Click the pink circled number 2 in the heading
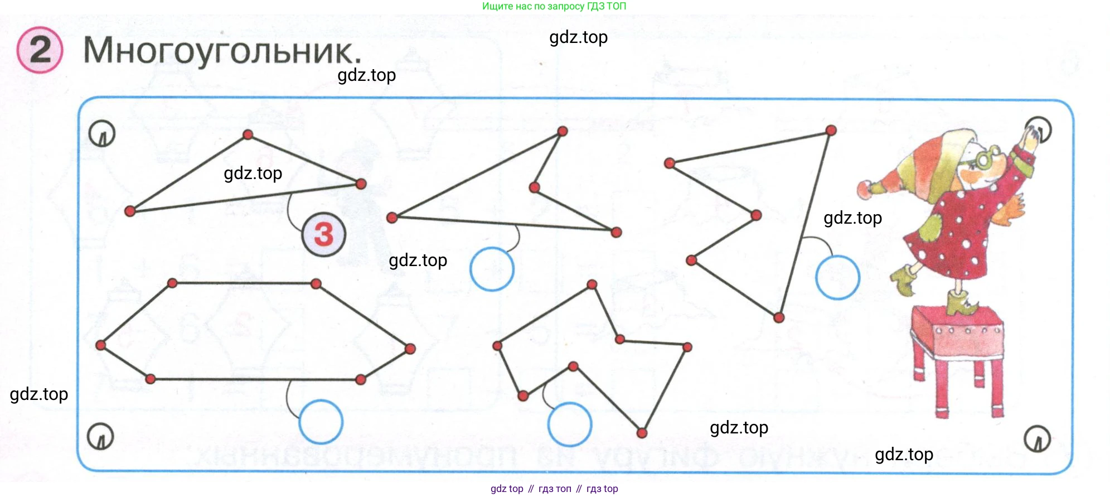pyautogui.click(x=40, y=50)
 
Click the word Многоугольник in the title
pyautogui.click(x=222, y=51)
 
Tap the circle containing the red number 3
pyautogui.click(x=323, y=234)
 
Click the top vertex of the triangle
pyautogui.click(x=248, y=134)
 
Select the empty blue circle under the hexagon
pyautogui.click(x=321, y=422)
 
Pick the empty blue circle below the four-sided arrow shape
pyautogui.click(x=491, y=269)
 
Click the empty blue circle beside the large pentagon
pyautogui.click(x=837, y=277)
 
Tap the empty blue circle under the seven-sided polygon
pyautogui.click(x=569, y=424)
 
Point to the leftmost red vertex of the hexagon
pyautogui.click(x=101, y=345)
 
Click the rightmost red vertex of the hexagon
pyautogui.click(x=410, y=349)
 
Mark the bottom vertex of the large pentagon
pyautogui.click(x=779, y=318)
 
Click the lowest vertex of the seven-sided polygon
pyautogui.click(x=642, y=433)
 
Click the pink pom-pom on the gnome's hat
pyautogui.click(x=865, y=189)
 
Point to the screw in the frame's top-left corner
pyautogui.click(x=101, y=134)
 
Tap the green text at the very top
pyautogui.click(x=554, y=6)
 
